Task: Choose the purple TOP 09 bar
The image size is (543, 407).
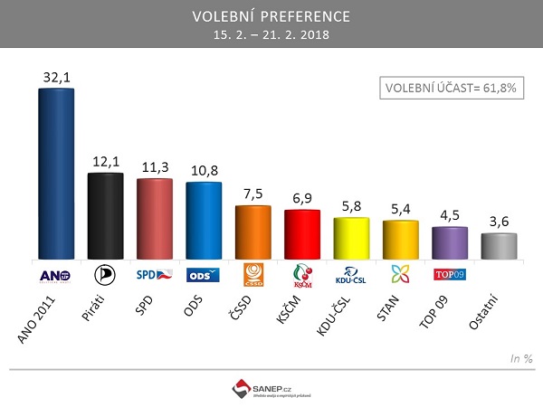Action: pos(449,243)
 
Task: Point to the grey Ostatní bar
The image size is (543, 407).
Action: pos(499,246)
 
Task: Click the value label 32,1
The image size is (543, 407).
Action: pos(56,78)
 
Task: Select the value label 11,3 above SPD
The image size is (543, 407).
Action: pos(154,167)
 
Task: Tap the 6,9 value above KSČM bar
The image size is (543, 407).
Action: pos(302,197)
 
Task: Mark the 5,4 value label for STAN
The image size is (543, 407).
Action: pos(400,209)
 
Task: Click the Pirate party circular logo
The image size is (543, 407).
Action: pos(105,275)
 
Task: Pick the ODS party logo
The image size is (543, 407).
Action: pos(203,275)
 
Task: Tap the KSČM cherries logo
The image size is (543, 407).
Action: pos(301,275)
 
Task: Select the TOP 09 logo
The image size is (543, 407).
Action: pos(449,273)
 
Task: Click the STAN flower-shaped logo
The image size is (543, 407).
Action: pos(400,275)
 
